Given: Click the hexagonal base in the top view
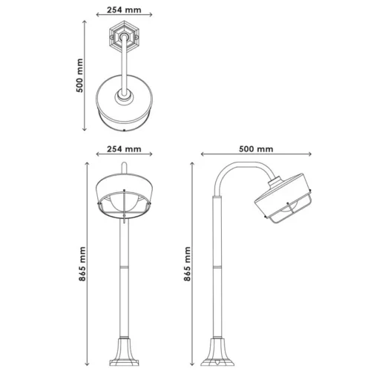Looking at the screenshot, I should coord(123,35).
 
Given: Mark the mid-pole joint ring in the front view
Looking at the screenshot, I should coord(123,264).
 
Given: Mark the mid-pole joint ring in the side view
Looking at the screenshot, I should coord(218,264).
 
